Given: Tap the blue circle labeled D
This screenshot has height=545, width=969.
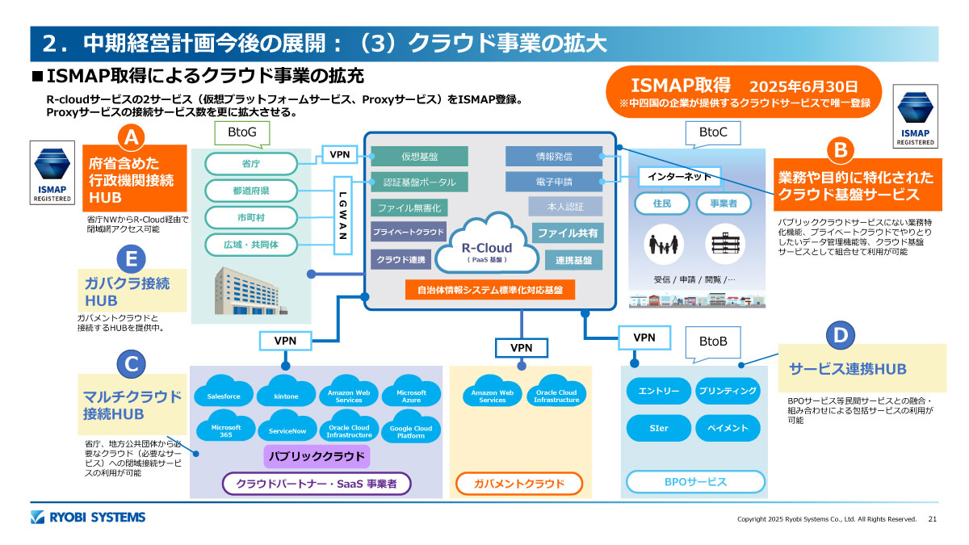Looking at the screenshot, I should pyautogui.click(x=840, y=333).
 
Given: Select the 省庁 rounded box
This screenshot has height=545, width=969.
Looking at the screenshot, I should pyautogui.click(x=250, y=163).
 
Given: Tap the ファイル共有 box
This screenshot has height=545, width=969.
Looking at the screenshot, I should pyautogui.click(x=567, y=233).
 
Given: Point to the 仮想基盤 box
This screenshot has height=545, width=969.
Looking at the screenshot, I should pyautogui.click(x=420, y=156).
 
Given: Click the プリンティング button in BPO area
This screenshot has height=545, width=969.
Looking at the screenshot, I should pyautogui.click(x=728, y=391).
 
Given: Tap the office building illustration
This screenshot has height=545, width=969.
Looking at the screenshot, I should pyautogui.click(x=247, y=291).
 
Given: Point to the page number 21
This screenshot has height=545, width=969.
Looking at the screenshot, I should pyautogui.click(x=933, y=518).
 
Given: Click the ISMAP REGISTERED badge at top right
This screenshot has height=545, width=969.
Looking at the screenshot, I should pyautogui.click(x=915, y=116).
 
